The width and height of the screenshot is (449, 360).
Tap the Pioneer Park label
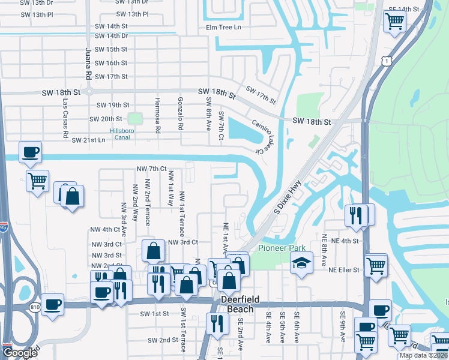(x=282, y=248)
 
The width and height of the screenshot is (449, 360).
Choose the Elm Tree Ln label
(x=223, y=27)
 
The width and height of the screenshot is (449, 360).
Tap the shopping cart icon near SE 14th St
(x=394, y=22)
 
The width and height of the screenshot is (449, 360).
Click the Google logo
(x=20, y=352)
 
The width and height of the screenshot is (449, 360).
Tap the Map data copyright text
(x=423, y=355)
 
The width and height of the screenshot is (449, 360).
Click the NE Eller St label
(x=344, y=270)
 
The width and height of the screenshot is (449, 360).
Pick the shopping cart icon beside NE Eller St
(x=376, y=263)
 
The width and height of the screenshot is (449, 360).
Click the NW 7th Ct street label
(x=151, y=169)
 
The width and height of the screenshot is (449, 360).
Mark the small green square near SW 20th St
(x=134, y=119)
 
